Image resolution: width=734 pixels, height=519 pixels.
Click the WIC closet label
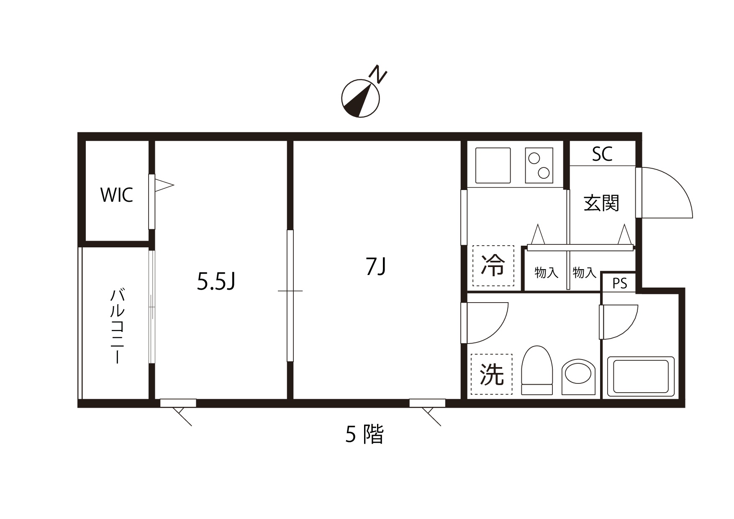coord(117,195)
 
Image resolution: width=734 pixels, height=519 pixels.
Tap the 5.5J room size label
coord(216,282)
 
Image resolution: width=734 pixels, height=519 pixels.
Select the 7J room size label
coord(375,267)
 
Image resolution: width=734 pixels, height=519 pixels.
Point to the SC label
coord(602,154)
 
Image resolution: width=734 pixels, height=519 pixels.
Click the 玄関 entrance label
coord(601,203)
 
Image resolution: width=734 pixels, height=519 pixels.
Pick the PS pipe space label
coord(620,283)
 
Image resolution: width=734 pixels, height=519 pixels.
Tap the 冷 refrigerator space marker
coord(493,266)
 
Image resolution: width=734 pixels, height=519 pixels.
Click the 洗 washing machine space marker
coord(491,374)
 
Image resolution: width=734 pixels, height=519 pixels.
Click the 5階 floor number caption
coord(364,434)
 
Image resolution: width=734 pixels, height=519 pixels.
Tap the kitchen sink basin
coord(493,165)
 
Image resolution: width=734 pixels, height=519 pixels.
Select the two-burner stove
coord(539,165)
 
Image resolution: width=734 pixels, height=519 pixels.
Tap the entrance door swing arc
coord(665,193)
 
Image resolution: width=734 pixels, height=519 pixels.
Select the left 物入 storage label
coord(547,273)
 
